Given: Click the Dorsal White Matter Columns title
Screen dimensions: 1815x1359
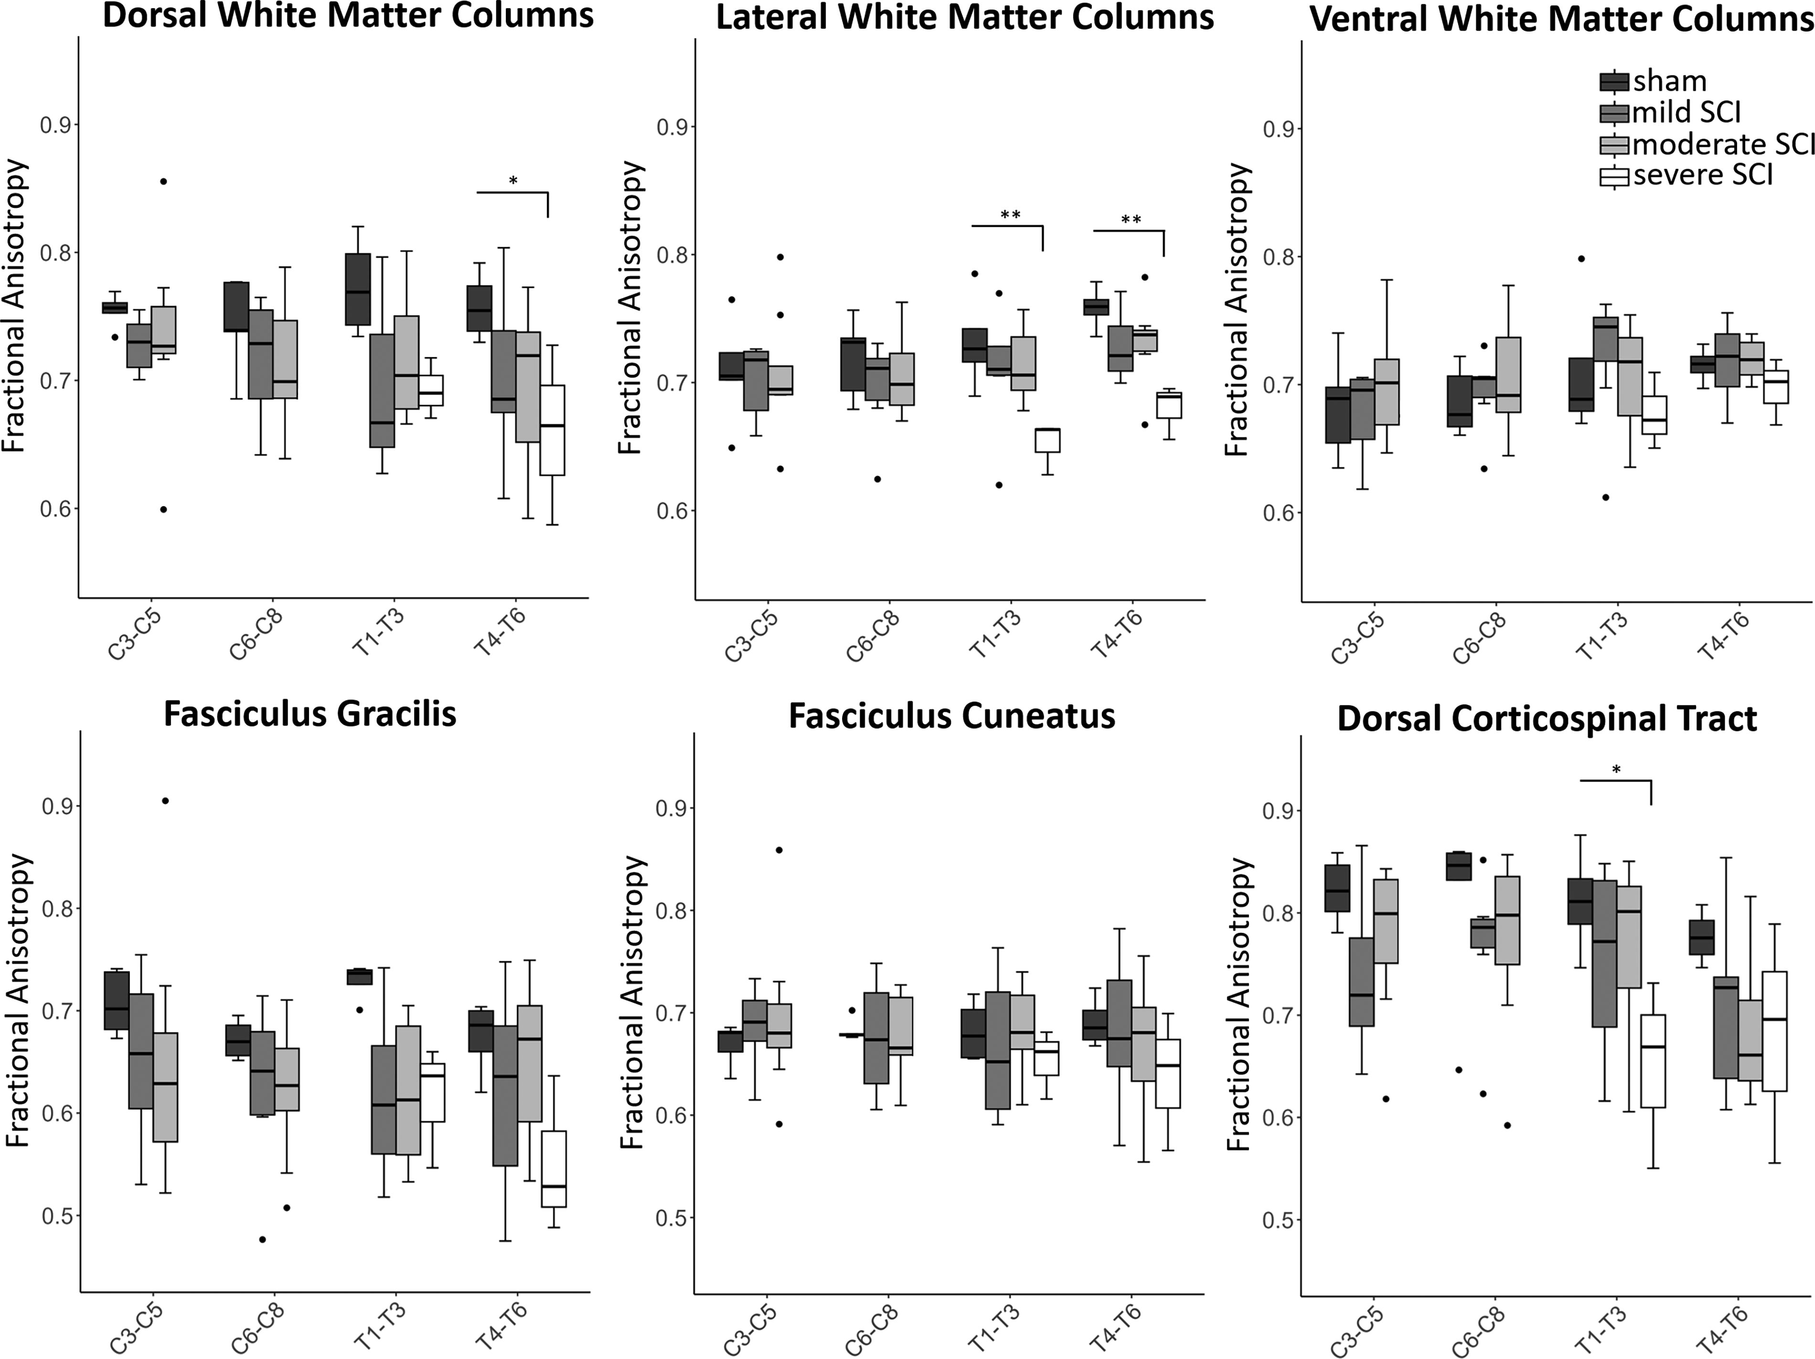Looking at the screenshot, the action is coord(348,16).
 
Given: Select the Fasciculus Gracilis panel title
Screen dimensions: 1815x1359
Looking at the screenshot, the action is coord(310,714).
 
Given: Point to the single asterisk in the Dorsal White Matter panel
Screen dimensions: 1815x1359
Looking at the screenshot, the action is coord(513,181).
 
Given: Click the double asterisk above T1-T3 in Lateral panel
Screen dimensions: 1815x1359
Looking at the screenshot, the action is coord(1010,215).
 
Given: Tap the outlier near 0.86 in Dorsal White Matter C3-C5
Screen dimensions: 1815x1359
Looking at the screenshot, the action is coord(163,182).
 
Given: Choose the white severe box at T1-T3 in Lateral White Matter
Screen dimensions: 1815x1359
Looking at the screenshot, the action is coord(1047,440).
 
